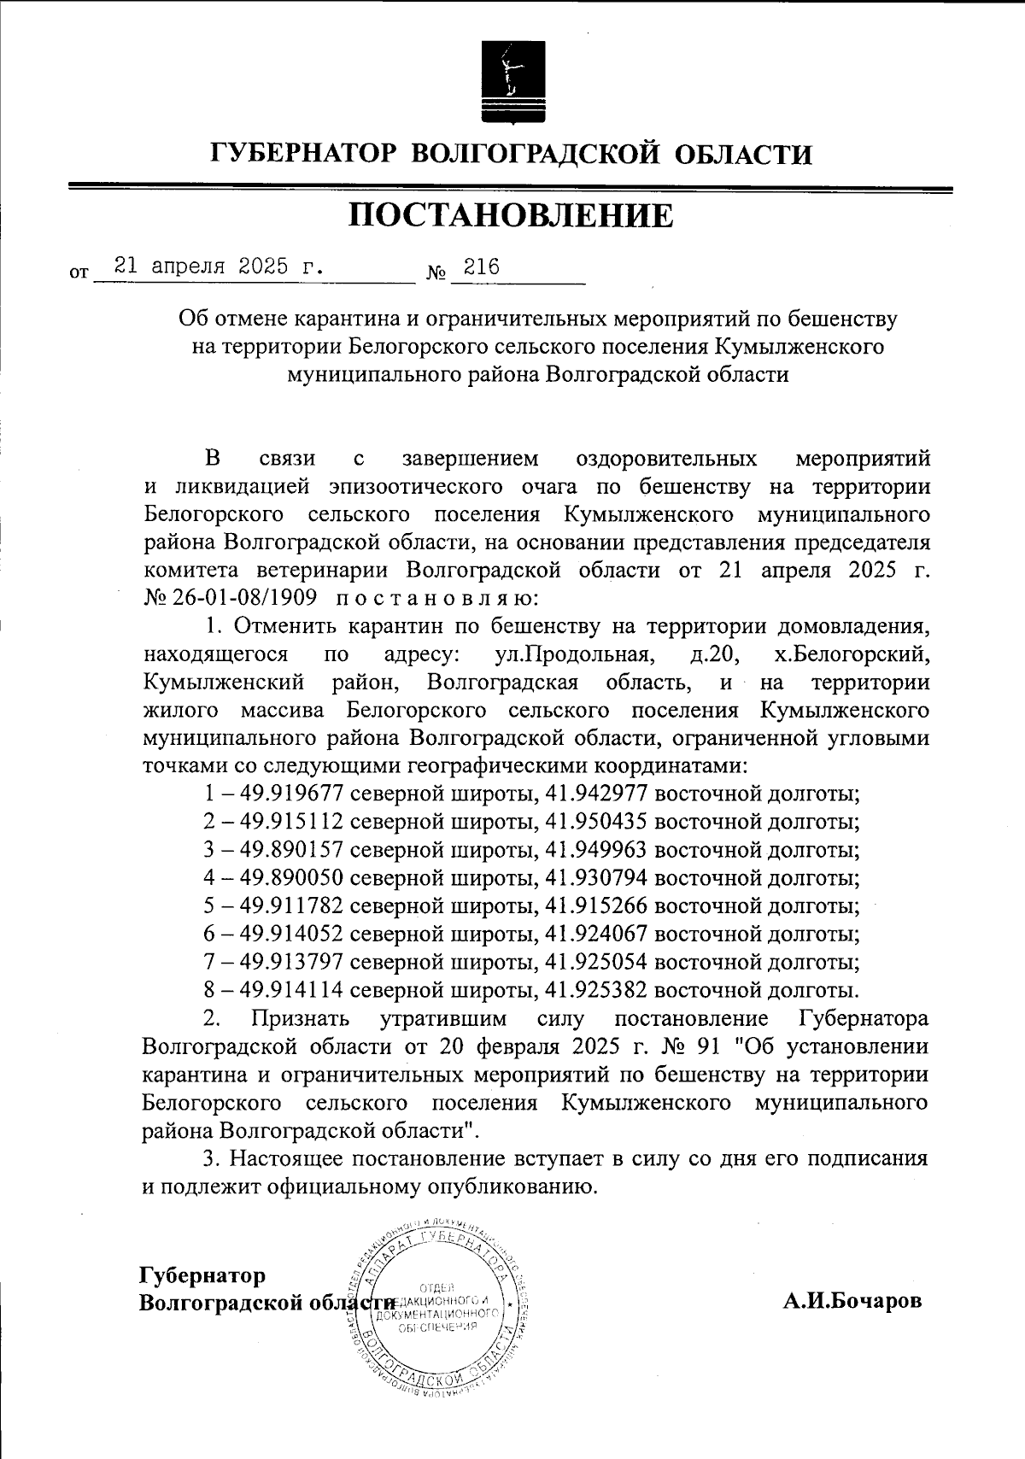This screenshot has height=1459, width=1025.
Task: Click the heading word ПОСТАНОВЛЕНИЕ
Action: [511, 216]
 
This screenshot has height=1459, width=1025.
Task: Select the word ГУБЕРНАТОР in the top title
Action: [304, 155]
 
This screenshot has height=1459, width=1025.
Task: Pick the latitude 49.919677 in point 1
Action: [292, 794]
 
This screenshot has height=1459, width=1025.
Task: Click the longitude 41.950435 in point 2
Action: [597, 822]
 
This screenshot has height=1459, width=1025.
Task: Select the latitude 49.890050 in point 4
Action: [292, 878]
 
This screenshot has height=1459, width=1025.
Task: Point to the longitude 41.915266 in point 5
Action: [597, 906]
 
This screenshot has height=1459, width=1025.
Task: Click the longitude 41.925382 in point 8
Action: [597, 991]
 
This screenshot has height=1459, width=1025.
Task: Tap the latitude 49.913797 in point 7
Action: [292, 963]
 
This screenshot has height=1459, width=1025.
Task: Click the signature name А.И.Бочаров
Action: [852, 1301]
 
